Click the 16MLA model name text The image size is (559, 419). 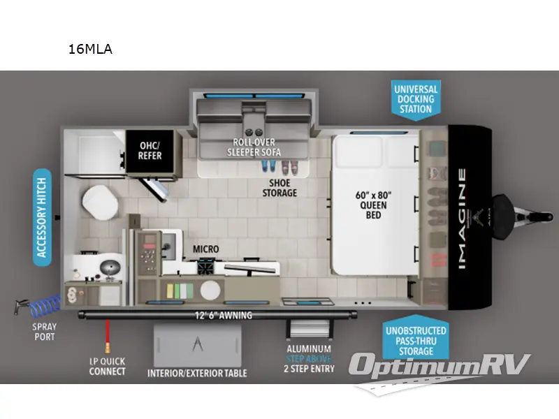pos(90,49)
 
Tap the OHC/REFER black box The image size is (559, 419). pos(150,150)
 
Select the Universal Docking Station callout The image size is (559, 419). pos(416,99)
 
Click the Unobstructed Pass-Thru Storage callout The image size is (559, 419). pos(416,339)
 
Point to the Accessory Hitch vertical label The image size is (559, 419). pos(42,217)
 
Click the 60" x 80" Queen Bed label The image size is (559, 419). pos(373,205)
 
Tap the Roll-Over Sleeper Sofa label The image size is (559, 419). pos(254,147)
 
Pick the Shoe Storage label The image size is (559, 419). pos(279,188)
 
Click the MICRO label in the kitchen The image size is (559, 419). pos(205,249)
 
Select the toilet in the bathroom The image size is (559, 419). pos(100,203)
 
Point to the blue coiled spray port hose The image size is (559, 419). pos(45,306)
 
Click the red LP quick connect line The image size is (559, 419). pos(107,336)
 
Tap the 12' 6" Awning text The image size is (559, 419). pos(223,316)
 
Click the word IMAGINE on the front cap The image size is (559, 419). pos(462,219)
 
